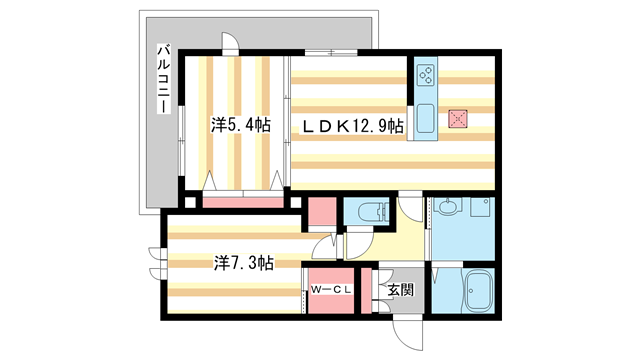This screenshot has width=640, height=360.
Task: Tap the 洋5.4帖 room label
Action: [240, 125]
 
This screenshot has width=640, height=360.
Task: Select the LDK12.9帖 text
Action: [354, 126]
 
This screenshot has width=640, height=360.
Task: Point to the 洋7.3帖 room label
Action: [243, 263]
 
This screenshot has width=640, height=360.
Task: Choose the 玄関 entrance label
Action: [401, 292]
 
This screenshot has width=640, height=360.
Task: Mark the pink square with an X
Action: [458, 118]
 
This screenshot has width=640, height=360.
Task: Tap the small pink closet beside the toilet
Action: [322, 213]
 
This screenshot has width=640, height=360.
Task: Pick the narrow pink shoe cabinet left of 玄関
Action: [367, 290]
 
